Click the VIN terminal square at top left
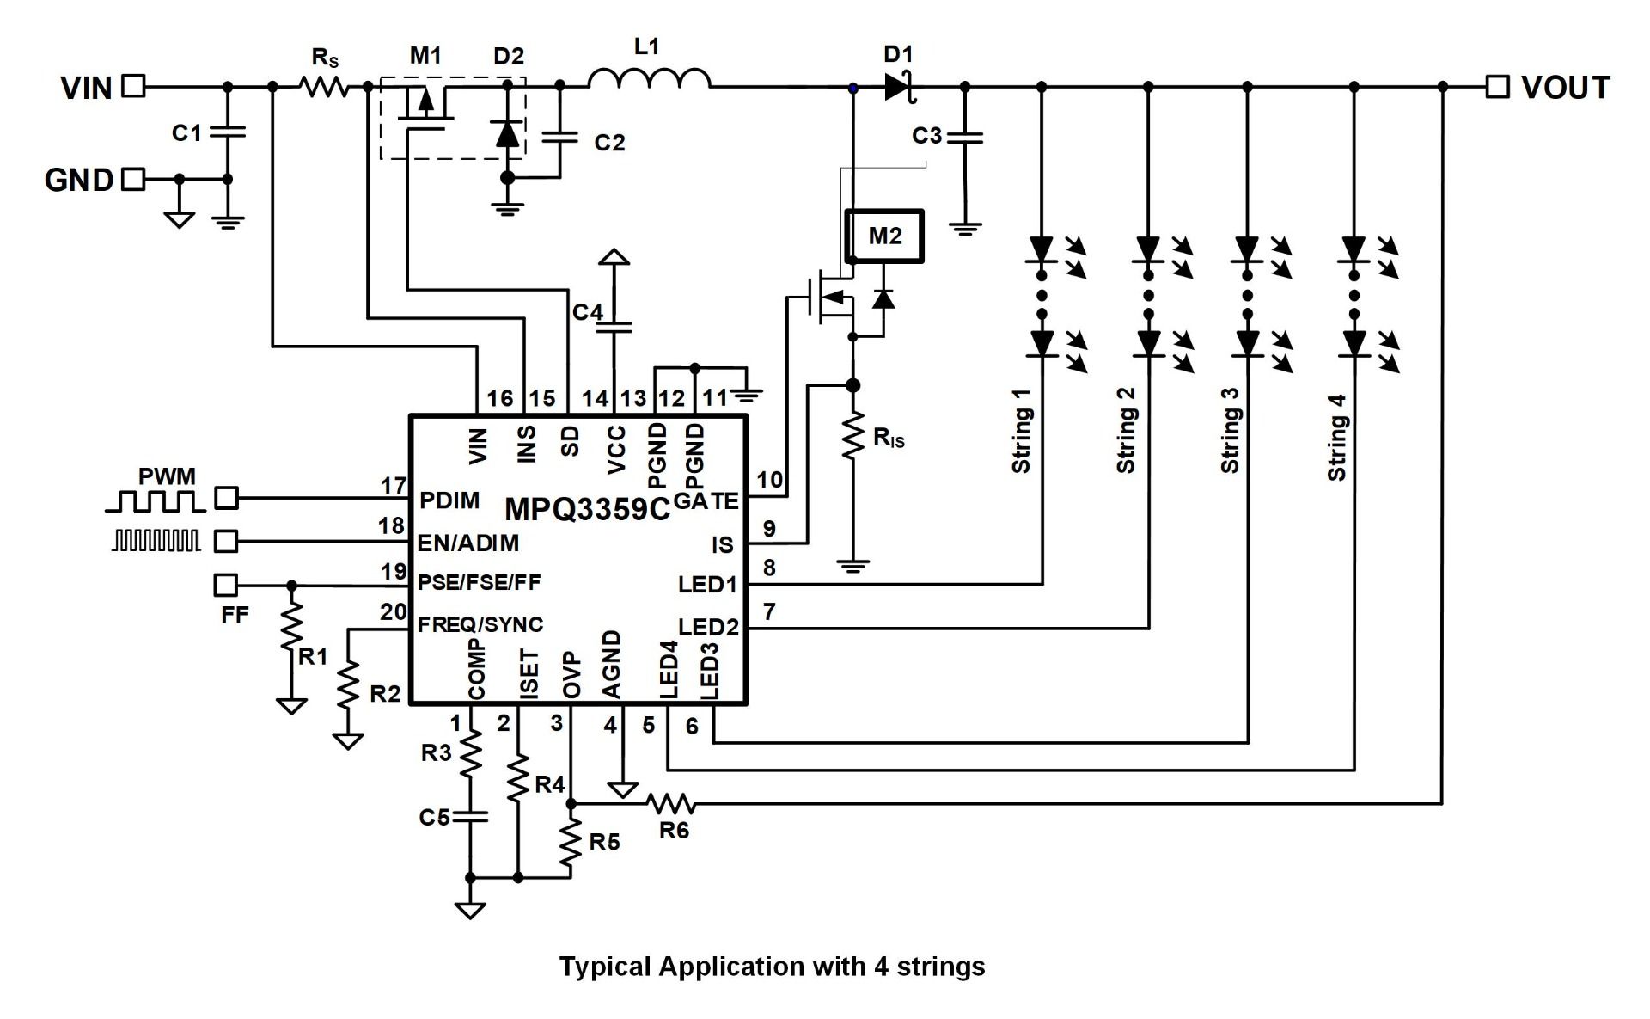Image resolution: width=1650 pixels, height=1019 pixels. point(133,86)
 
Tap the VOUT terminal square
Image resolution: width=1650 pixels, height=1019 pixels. point(1498,86)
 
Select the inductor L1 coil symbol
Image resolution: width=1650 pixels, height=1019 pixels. point(650,79)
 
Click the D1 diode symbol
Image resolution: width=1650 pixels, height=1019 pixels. point(898,86)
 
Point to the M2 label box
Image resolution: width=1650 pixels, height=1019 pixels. point(884,236)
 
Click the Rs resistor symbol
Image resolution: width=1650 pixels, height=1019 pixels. point(324,86)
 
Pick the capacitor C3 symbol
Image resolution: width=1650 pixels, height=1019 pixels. point(965,137)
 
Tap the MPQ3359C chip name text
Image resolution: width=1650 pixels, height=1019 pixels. point(586,510)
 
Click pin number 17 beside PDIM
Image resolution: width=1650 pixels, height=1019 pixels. point(394,486)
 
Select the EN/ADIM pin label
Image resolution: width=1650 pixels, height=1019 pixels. point(467,543)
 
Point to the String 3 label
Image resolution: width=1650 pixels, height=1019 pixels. point(1231,430)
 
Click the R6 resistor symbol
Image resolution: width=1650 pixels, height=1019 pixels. point(672,804)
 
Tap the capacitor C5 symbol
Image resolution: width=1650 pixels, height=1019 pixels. point(470,815)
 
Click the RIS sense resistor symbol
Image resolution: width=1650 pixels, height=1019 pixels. point(853,437)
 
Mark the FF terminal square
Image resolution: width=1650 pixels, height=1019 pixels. point(225,585)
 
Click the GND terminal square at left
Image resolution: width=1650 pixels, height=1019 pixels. point(133,179)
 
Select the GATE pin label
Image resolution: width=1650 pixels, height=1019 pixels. point(706,500)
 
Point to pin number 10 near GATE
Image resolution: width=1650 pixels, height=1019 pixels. point(770,479)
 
